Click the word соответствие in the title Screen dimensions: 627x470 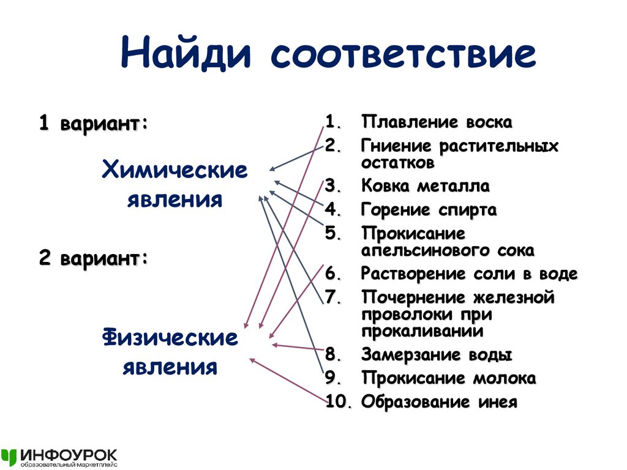tap(401, 54)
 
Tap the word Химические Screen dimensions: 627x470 tap(175, 171)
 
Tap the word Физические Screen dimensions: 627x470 tap(170, 338)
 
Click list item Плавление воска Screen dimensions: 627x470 tap(436, 122)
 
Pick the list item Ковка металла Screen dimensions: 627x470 tap(426, 186)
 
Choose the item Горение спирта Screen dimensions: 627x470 tap(429, 211)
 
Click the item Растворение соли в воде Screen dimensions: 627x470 tap(469, 274)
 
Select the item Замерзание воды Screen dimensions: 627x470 tap(436, 355)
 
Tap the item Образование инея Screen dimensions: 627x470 tap(439, 402)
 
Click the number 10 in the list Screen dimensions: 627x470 tap(337, 402)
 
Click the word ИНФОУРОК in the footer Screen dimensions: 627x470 tap(68, 455)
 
